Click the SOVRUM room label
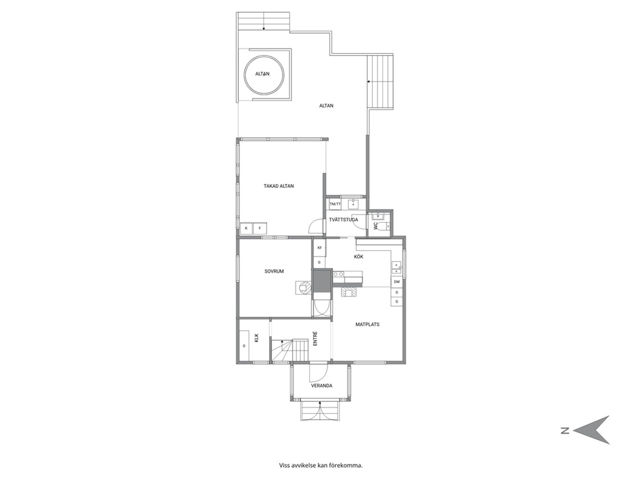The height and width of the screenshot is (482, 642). coord(274,271)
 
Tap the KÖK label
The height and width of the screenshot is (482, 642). coord(359,257)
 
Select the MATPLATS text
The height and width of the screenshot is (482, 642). coord(367,324)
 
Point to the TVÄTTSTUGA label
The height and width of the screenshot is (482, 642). coord(344,220)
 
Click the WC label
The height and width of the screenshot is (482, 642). coord(375,226)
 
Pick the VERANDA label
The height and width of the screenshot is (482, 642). coord(322,385)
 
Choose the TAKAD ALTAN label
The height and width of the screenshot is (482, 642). coord(279,186)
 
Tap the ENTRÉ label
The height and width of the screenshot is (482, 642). coord(315,339)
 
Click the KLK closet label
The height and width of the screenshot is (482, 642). coord(256,338)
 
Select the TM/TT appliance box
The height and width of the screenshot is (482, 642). coord(335,203)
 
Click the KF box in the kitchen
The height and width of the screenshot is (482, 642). coord(319,247)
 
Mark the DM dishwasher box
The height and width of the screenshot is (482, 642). coord(397,282)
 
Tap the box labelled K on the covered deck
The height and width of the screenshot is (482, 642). coord(246,228)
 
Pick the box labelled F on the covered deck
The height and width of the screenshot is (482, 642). coord(260,228)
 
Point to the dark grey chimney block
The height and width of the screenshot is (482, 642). coord(322,281)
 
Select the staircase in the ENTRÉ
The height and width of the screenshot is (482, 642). coord(289,351)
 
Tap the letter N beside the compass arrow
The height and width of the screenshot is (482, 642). coord(565,430)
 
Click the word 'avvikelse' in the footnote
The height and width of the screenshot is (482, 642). coord(304,465)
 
